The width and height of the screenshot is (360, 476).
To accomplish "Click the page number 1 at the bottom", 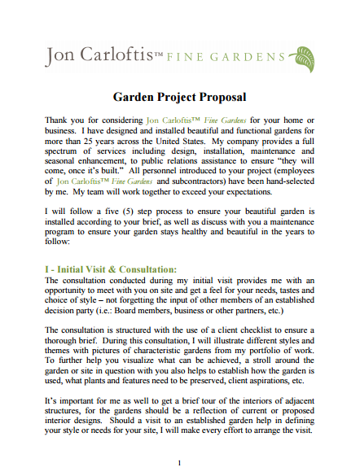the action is click(179, 464).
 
